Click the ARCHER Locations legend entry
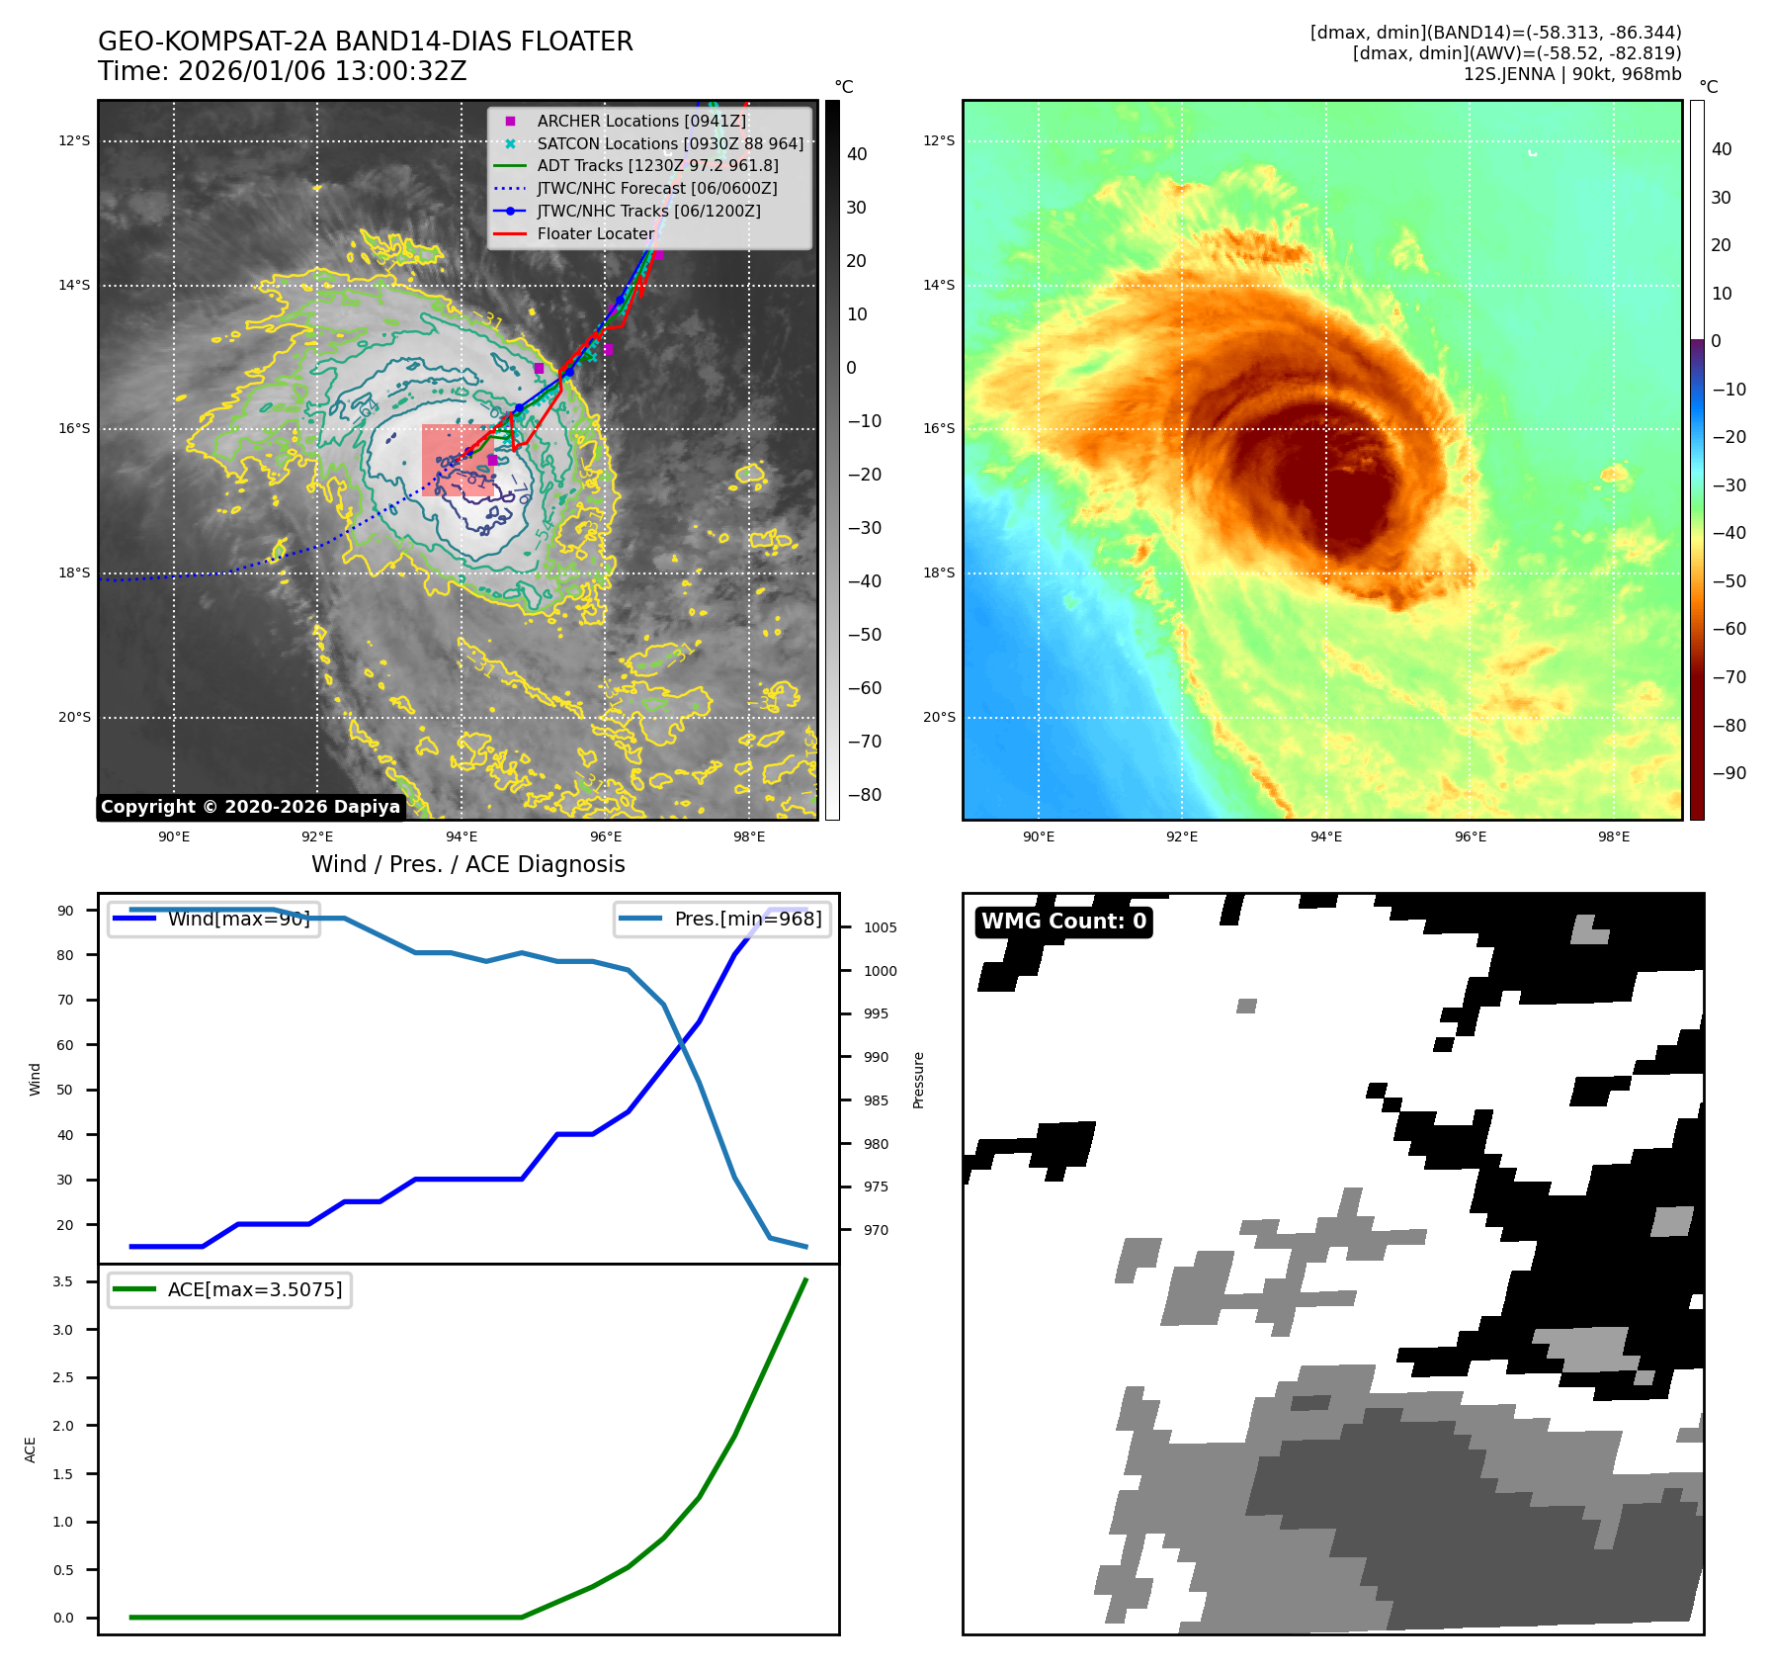coord(641,121)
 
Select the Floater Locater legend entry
coord(595,234)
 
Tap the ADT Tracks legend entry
coord(657,166)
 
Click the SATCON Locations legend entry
coord(670,143)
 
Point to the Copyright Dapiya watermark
coord(251,807)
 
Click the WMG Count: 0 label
coord(1063,922)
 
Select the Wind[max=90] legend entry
coord(238,919)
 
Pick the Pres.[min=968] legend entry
coord(747,919)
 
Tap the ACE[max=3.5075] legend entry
coord(254,1289)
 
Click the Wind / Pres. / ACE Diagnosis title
coord(468,864)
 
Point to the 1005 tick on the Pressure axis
coord(880,927)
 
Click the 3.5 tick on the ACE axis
coord(63,1281)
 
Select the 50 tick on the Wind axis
coord(65,1090)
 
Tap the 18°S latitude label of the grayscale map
coord(74,572)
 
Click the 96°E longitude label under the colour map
coord(1470,836)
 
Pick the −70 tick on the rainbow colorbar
coord(1729,677)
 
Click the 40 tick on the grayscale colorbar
coord(857,154)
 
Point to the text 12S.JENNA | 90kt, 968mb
coord(1571,74)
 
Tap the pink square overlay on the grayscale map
coord(458,460)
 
